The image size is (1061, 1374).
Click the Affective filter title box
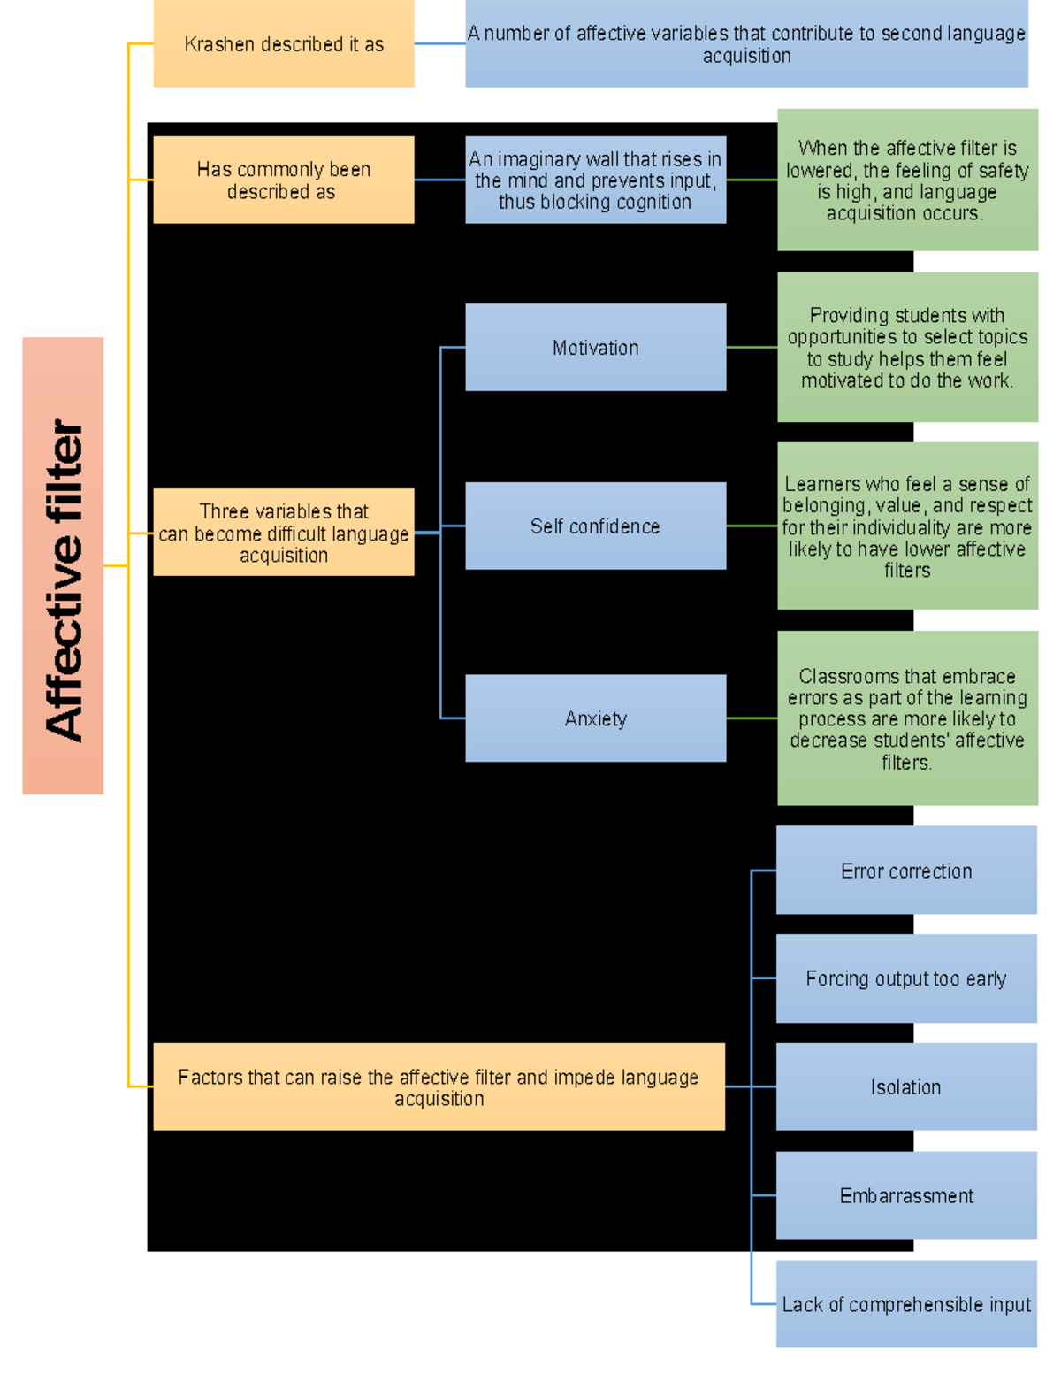63,565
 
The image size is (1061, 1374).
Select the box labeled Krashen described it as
283,44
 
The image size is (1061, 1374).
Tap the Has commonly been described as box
283,180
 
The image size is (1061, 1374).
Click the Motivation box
595,348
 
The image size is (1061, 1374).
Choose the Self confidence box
595,526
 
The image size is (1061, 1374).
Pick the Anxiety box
595,718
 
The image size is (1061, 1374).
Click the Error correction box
906,871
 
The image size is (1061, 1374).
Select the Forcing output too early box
906,979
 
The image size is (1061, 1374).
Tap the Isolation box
906,1086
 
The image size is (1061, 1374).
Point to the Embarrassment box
906,1195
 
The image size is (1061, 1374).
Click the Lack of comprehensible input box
906,1304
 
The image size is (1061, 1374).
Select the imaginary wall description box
595,180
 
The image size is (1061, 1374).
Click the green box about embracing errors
907,718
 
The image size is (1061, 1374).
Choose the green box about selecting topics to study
907,348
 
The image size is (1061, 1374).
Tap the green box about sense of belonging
907,526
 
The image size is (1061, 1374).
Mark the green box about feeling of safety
907,180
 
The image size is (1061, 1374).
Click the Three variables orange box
283,533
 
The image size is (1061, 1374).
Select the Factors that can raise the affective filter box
439,1086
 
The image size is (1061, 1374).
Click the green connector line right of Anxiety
752,718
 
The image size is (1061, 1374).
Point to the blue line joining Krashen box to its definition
439,44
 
